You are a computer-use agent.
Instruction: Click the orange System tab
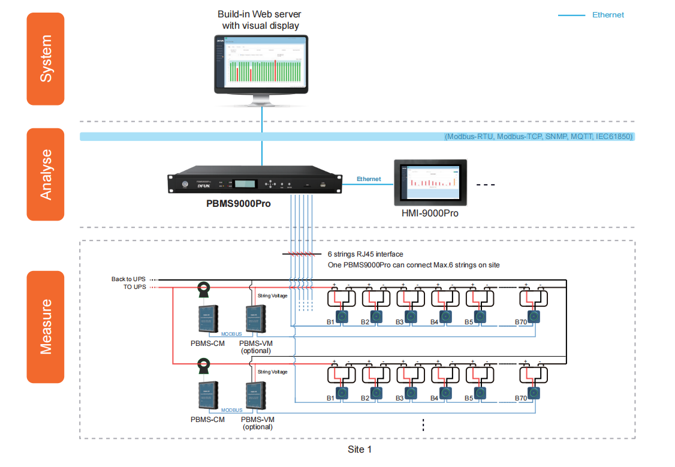tap(46, 59)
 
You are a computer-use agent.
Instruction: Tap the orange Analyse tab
tap(46, 174)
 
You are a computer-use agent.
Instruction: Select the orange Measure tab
tap(46, 327)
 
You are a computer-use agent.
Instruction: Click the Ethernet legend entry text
tap(608, 15)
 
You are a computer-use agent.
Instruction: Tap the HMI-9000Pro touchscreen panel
tap(430, 180)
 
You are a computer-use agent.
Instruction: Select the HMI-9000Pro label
tap(430, 213)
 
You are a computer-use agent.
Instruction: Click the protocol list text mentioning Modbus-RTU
tap(538, 137)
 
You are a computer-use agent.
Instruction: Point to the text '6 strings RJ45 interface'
tap(365, 254)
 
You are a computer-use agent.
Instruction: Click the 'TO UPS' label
tap(135, 287)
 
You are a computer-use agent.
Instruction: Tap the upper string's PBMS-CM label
tap(207, 343)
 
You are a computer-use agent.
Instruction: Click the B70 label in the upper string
tap(520, 322)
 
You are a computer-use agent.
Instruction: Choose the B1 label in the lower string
tap(330, 398)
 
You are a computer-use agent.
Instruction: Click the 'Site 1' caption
tap(360, 449)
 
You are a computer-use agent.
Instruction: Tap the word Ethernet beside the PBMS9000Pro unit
tap(369, 179)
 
